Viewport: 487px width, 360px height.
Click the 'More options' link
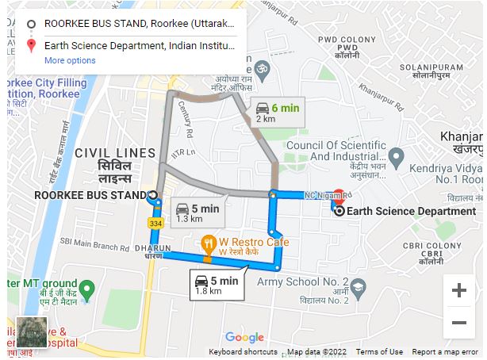click(70, 60)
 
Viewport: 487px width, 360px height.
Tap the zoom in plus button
click(458, 290)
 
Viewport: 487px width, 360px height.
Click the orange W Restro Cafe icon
click(208, 242)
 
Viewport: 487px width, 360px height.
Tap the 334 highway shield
click(157, 224)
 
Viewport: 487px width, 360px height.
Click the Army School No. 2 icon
click(359, 285)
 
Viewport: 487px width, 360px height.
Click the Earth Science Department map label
click(412, 211)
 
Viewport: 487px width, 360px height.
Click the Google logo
click(243, 338)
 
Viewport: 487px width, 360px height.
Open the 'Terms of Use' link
click(379, 352)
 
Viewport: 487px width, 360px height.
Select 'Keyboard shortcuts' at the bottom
click(243, 352)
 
